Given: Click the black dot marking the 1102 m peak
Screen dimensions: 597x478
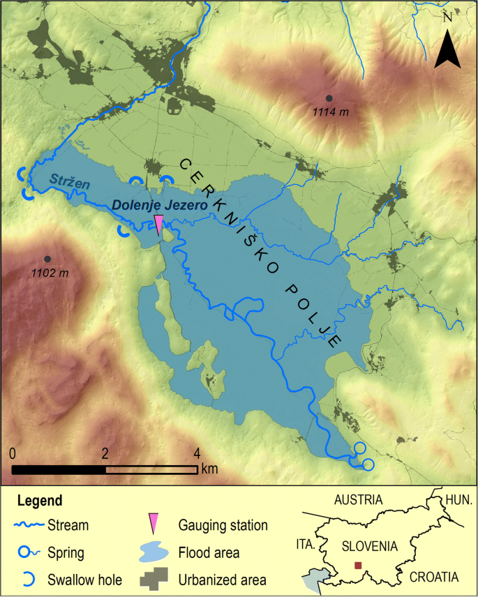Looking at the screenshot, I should click(47, 259).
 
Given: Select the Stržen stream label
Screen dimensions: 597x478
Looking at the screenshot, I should click(63, 181).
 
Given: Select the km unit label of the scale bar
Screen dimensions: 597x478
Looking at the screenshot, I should click(209, 469).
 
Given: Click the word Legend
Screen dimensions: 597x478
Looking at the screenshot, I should click(39, 501).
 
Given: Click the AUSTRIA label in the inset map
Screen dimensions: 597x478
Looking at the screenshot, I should click(359, 500).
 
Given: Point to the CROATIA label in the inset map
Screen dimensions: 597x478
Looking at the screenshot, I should click(433, 577).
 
